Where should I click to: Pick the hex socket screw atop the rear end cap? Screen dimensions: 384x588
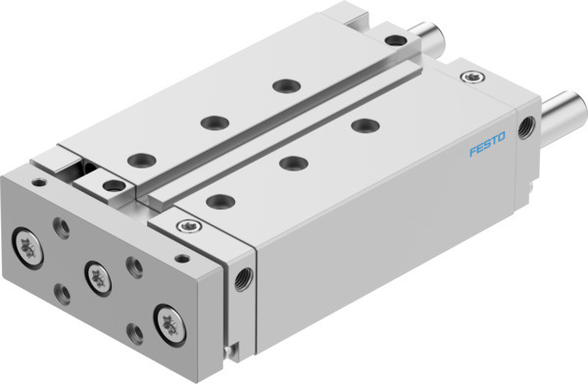click(x=474, y=76)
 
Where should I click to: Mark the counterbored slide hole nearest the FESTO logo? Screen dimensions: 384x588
click(x=365, y=125)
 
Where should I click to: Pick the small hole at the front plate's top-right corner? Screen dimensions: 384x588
click(x=181, y=259)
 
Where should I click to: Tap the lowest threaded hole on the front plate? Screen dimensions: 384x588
click(x=133, y=333)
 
